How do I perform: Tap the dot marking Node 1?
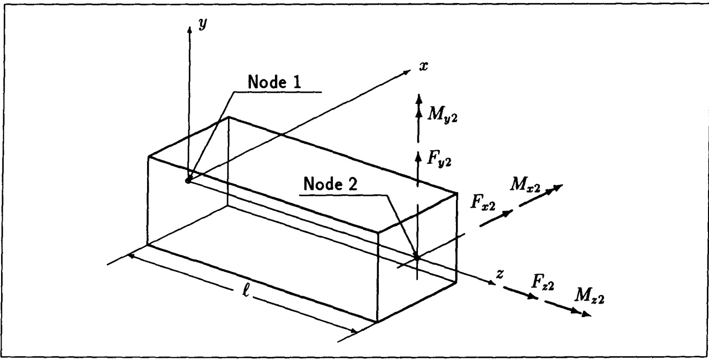(188, 181)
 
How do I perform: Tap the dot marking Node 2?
(417, 256)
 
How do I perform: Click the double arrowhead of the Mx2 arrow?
(557, 188)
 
